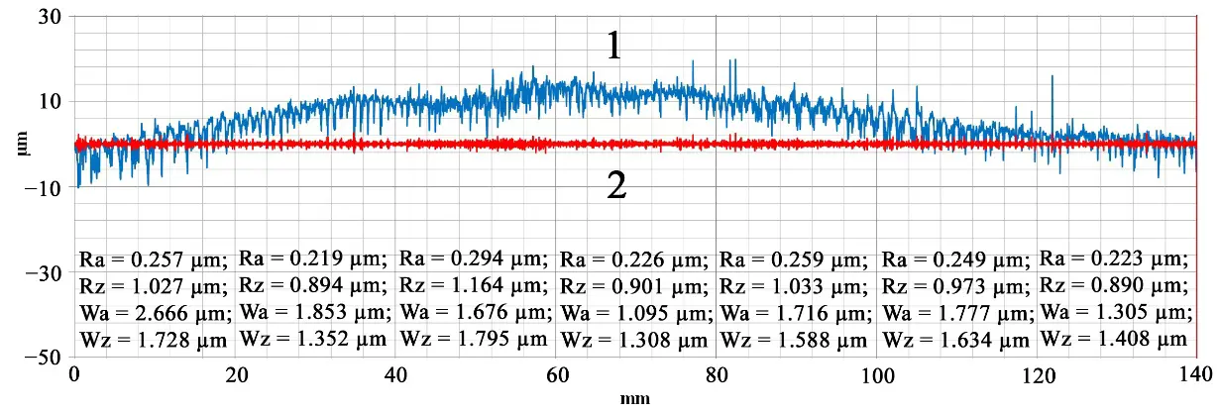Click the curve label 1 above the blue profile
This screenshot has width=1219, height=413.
(613, 46)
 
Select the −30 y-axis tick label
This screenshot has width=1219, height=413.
(43, 272)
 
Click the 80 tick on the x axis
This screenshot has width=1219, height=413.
(716, 376)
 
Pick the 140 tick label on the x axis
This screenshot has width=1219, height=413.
(1195, 376)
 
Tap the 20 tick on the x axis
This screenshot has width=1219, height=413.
(236, 376)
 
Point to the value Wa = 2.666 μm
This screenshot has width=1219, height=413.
(154, 313)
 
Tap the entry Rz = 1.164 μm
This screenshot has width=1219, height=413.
(474, 286)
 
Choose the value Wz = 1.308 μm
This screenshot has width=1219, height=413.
(632, 340)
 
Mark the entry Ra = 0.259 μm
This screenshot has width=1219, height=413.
(794, 260)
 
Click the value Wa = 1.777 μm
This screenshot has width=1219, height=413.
(955, 313)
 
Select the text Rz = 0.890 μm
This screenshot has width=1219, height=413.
(1114, 286)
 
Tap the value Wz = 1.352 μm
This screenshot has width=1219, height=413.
(313, 340)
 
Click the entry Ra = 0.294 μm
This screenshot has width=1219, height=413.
(474, 259)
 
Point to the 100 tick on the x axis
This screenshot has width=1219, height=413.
(877, 376)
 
